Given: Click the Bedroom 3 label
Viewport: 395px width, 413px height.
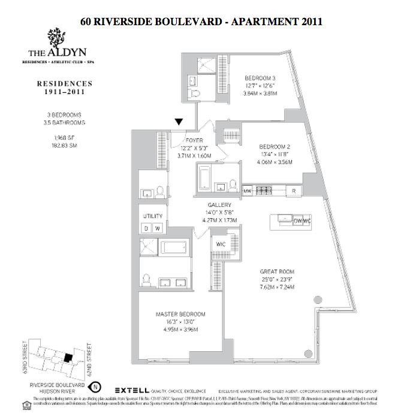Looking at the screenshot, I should pyautogui.click(x=260, y=78).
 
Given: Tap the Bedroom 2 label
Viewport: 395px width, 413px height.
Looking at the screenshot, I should pyautogui.click(x=275, y=146).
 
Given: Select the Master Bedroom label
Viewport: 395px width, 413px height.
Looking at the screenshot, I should pyautogui.click(x=180, y=314).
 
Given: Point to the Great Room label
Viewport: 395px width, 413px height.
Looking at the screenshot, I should pyautogui.click(x=278, y=272).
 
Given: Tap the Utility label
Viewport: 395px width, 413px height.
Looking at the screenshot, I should pyautogui.click(x=149, y=216).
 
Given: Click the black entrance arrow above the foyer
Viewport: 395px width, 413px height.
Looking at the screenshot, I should pyautogui.click(x=179, y=122).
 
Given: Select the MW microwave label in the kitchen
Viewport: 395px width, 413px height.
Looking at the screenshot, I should pyautogui.click(x=246, y=191).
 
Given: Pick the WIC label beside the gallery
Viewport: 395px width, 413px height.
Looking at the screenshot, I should pyautogui.click(x=219, y=243).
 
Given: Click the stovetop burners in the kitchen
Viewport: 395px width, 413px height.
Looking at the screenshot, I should pyautogui.click(x=264, y=191).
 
